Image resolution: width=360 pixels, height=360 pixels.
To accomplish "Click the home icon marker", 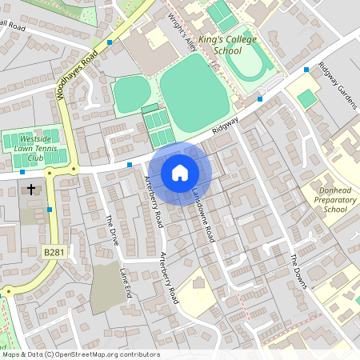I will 180,173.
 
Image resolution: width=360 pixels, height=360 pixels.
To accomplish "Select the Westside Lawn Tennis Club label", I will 34,148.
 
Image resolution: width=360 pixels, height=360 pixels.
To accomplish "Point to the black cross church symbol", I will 32,190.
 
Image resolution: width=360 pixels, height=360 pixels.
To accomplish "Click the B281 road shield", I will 54,252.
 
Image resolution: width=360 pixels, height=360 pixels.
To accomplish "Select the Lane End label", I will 126,283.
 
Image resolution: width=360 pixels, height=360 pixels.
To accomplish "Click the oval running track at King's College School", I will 251,63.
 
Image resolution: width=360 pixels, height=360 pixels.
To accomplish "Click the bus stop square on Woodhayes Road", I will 110,42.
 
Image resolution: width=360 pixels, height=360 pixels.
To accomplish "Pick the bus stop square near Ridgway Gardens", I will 306,70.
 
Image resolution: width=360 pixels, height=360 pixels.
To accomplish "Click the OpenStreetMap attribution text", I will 80,354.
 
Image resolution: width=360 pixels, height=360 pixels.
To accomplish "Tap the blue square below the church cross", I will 50,210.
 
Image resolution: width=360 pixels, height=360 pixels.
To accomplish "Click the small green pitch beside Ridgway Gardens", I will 306,98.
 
